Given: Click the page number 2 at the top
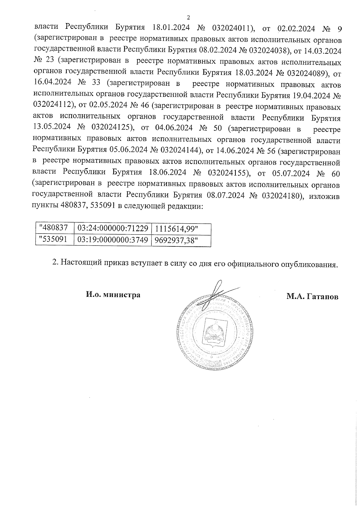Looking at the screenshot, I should click(x=188, y=17).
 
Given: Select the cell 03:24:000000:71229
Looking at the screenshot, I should click(x=113, y=228).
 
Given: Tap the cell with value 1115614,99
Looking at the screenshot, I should click(x=176, y=229).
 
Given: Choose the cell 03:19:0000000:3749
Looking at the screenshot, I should click(x=113, y=240).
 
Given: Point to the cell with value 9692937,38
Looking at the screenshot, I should click(x=176, y=240).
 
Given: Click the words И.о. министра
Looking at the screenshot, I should click(x=113, y=295).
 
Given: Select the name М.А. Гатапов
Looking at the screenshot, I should click(x=312, y=297).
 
